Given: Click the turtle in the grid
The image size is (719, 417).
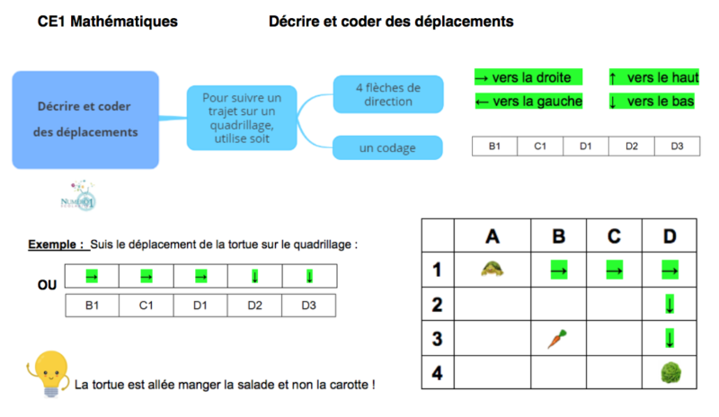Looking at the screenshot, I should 491,268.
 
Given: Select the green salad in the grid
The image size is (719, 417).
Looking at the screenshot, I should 669,373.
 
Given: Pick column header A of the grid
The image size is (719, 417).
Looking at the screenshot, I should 492,235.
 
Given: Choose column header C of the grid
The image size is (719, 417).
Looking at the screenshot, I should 614,235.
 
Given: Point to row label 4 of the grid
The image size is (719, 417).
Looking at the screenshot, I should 438,373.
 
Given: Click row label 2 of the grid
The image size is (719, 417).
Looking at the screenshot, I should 438,305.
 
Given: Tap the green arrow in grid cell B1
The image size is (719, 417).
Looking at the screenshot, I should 558,269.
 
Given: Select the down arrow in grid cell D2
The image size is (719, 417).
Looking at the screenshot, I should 669,305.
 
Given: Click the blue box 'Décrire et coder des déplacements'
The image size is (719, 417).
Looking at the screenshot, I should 86,120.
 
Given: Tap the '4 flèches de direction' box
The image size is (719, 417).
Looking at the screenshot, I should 388,94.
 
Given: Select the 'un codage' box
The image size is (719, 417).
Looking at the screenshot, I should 388,147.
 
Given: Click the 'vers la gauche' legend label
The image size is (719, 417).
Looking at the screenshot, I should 528,101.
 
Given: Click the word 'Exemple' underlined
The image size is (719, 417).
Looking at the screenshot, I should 56,244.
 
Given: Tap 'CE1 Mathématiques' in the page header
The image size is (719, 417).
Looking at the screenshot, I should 107,21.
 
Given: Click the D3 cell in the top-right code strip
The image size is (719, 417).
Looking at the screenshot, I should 677,146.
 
